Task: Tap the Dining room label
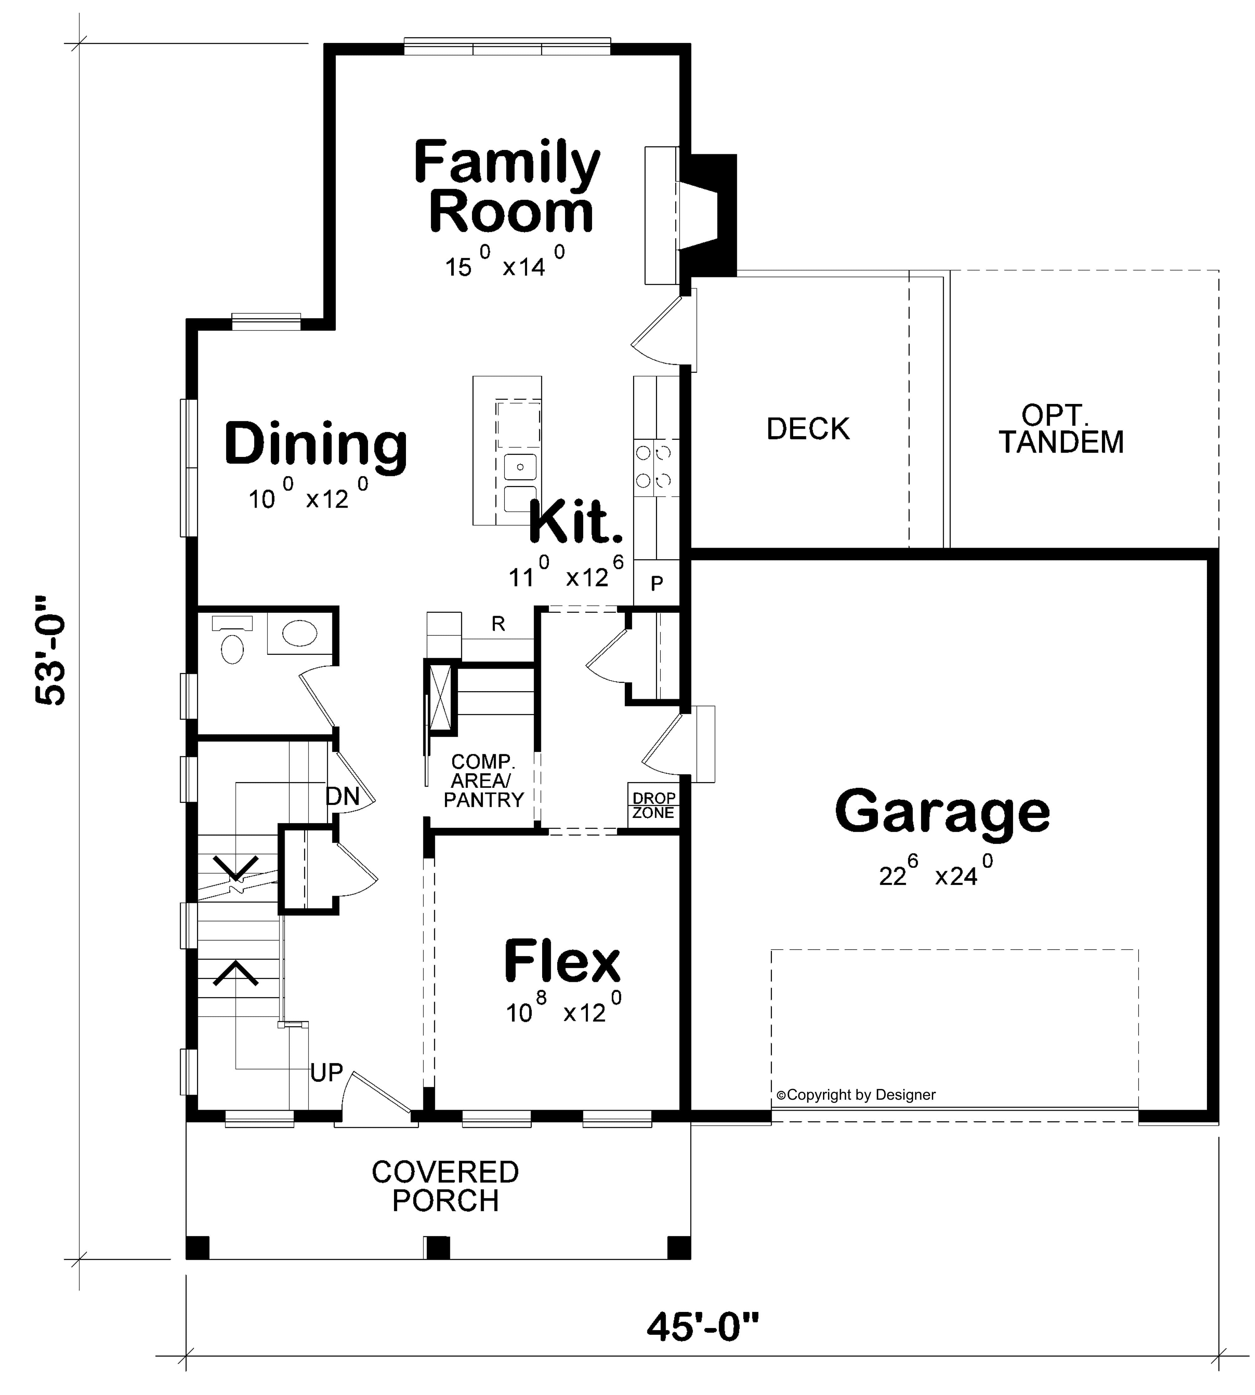pyautogui.click(x=316, y=444)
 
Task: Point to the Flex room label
pyautogui.click(x=562, y=962)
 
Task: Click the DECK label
pyautogui.click(x=808, y=429)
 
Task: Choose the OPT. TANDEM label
pyautogui.click(x=1061, y=429)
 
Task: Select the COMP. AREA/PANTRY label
pyautogui.click(x=483, y=781)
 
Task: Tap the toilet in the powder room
pyautogui.click(x=232, y=648)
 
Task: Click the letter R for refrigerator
pyautogui.click(x=498, y=624)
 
